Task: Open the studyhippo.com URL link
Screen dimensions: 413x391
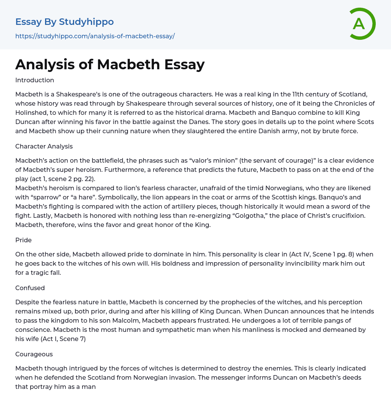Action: coord(95,36)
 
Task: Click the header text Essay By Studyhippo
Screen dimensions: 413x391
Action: coord(64,22)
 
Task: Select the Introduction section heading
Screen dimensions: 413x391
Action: coord(35,80)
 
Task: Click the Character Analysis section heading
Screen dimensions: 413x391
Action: coord(44,146)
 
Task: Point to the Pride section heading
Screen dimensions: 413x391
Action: coord(23,240)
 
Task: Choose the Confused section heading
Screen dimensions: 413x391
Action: coord(30,288)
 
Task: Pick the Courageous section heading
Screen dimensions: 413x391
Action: coord(34,354)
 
